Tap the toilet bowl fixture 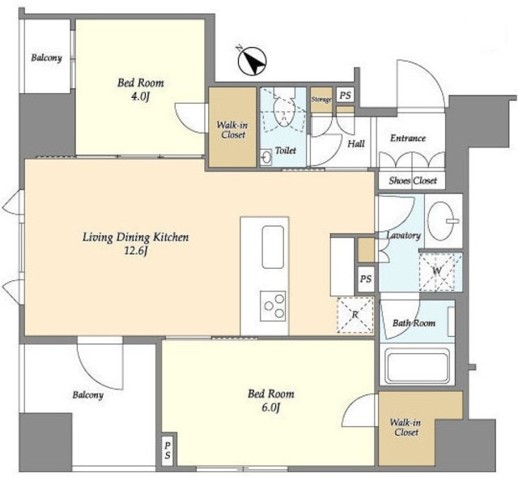pyautogui.click(x=284, y=112)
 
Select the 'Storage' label pyautogui.click(x=321, y=100)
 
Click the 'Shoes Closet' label pyautogui.click(x=413, y=181)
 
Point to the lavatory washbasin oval pyautogui.click(x=441, y=220)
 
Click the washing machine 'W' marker pyautogui.click(x=437, y=270)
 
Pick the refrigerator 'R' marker pyautogui.click(x=355, y=314)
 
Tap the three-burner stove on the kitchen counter pyautogui.click(x=273, y=306)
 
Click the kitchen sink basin pyautogui.click(x=273, y=247)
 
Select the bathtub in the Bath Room pyautogui.click(x=418, y=368)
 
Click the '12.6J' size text pyautogui.click(x=135, y=251)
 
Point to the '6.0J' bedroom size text pyautogui.click(x=271, y=407)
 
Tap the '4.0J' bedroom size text pyautogui.click(x=141, y=96)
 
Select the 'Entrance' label pyautogui.click(x=408, y=138)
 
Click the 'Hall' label pyautogui.click(x=356, y=143)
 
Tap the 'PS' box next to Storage pyautogui.click(x=346, y=96)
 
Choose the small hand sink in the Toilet pyautogui.click(x=265, y=157)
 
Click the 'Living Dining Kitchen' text pyautogui.click(x=135, y=237)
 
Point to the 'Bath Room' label pyautogui.click(x=414, y=323)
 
